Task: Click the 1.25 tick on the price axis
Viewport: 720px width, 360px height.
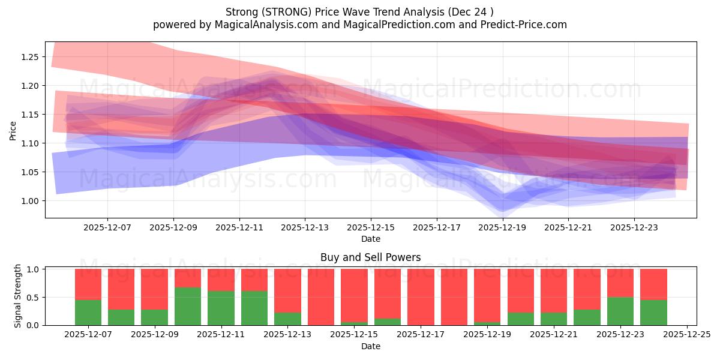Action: pos(30,57)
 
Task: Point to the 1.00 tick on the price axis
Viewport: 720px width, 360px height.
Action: pos(30,201)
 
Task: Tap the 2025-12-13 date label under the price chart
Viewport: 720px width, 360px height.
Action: pos(305,228)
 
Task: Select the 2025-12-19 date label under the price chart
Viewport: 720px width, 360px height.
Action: pos(502,228)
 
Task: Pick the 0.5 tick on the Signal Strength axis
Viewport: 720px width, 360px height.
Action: pos(34,298)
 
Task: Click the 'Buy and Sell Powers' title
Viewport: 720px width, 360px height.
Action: pos(370,257)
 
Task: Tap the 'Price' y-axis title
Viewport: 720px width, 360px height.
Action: pos(13,130)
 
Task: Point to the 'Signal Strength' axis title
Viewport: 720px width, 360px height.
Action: pos(18,296)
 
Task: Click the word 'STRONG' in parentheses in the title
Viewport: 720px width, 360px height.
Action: pos(283,12)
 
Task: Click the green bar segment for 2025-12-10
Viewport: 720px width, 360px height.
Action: pos(188,306)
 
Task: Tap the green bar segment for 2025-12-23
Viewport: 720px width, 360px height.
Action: pos(620,311)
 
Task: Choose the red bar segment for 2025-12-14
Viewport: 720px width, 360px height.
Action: pos(321,297)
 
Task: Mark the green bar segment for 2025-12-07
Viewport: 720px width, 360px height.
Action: pos(88,313)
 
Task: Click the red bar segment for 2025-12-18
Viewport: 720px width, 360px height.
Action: pos(454,297)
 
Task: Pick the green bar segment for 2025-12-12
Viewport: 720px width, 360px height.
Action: pos(254,308)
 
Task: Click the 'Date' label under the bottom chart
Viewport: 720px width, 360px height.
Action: pos(370,346)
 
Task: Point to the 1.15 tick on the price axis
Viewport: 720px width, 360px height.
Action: pos(30,115)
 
